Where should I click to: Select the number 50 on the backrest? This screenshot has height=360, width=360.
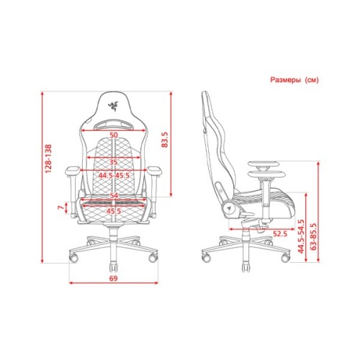click(114, 135)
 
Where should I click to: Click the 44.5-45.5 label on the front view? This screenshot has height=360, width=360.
click(114, 174)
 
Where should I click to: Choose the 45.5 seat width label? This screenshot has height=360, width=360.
click(114, 211)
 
